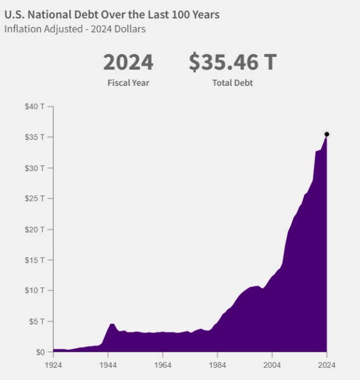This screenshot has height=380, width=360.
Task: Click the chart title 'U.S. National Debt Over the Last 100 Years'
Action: (x=112, y=15)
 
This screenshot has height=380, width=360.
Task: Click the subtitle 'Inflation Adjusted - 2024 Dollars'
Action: (x=75, y=29)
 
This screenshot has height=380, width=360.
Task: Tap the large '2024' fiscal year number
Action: (x=128, y=62)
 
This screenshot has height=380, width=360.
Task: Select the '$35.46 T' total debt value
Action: (x=232, y=62)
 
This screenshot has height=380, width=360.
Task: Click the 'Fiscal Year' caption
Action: (x=128, y=83)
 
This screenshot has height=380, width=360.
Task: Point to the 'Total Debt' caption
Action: (x=232, y=83)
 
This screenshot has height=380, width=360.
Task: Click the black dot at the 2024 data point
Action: (x=327, y=134)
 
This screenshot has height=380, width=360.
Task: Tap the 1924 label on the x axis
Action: (x=53, y=365)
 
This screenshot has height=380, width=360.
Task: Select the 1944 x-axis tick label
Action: (x=107, y=365)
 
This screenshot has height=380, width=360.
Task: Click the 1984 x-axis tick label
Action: (x=217, y=365)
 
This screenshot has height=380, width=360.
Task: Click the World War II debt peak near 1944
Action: (x=112, y=324)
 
